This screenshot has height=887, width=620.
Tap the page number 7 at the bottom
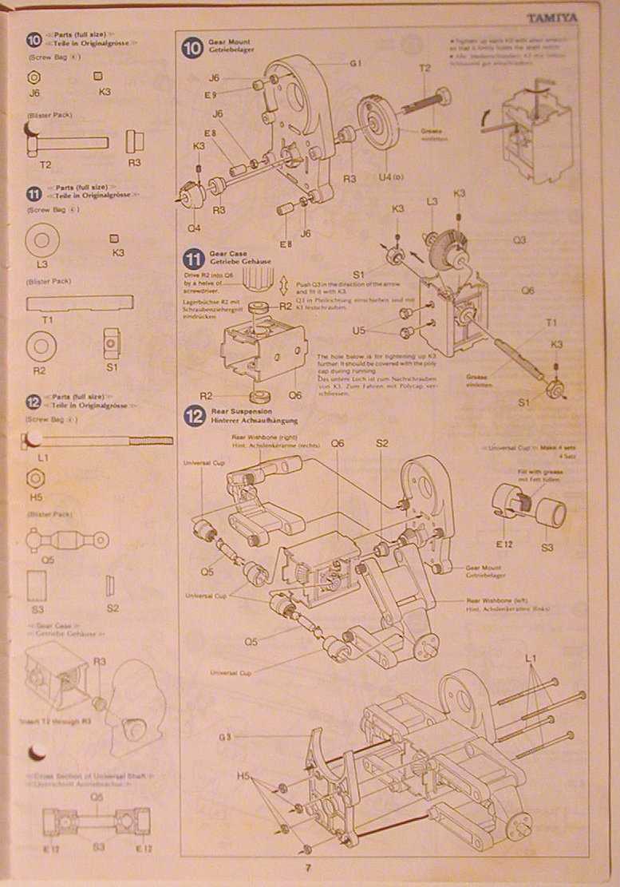pyautogui.click(x=306, y=870)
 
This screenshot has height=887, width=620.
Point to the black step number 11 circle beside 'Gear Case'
pyautogui.click(x=195, y=258)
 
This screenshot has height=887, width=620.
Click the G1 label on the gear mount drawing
pyautogui.click(x=356, y=62)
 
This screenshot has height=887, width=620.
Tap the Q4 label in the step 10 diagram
pyautogui.click(x=193, y=228)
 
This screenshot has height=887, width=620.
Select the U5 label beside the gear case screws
pyautogui.click(x=358, y=330)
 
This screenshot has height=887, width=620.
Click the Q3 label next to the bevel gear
pyautogui.click(x=519, y=240)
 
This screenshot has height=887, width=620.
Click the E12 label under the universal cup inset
pyautogui.click(x=504, y=543)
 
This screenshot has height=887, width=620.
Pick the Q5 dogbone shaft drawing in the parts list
pyautogui.click(x=68, y=541)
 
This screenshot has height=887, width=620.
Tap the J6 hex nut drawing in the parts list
pyautogui.click(x=34, y=77)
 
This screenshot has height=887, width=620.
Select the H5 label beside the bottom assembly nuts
pyautogui.click(x=244, y=776)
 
